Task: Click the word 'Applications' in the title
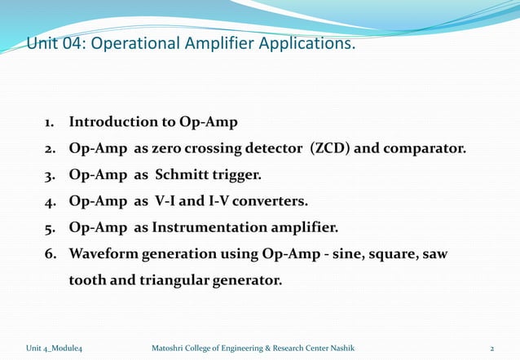click(311, 43)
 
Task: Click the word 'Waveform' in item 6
click(103, 254)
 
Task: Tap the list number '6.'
click(51, 254)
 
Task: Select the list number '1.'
click(51, 122)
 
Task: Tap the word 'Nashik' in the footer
click(350, 349)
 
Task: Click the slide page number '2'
click(491, 349)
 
